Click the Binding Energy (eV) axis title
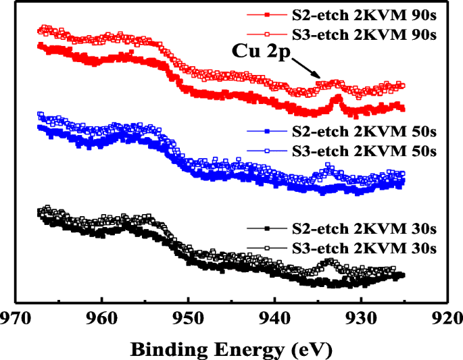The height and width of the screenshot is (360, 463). (231, 349)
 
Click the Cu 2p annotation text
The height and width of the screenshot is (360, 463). (261, 51)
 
